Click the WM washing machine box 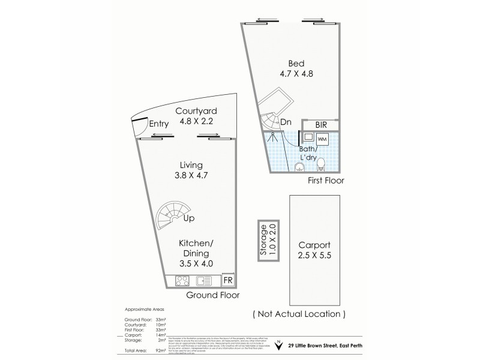(x=322, y=139)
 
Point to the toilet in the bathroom (x=322, y=163)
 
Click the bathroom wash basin (x=299, y=167)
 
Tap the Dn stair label (x=286, y=122)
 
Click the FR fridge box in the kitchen (x=228, y=280)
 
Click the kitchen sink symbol (x=204, y=280)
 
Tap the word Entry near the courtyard (x=159, y=124)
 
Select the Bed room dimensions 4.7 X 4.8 (x=292, y=74)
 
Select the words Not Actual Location (x=299, y=314)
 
